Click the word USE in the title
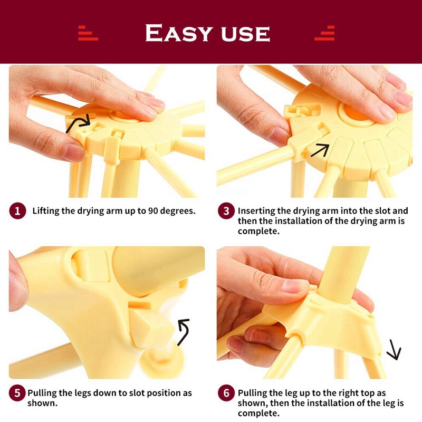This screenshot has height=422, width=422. (x=245, y=34)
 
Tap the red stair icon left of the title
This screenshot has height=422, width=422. (x=88, y=33)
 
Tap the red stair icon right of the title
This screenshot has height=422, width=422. (x=324, y=33)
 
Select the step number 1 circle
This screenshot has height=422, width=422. (x=17, y=210)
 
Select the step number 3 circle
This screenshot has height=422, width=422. (x=226, y=210)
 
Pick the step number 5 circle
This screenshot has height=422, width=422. (x=17, y=393)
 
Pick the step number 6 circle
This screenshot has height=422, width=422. (x=226, y=393)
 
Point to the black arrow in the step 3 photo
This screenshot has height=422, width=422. (x=320, y=150)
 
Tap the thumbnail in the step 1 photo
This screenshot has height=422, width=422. (x=73, y=152)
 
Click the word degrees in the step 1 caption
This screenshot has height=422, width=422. (x=178, y=212)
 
